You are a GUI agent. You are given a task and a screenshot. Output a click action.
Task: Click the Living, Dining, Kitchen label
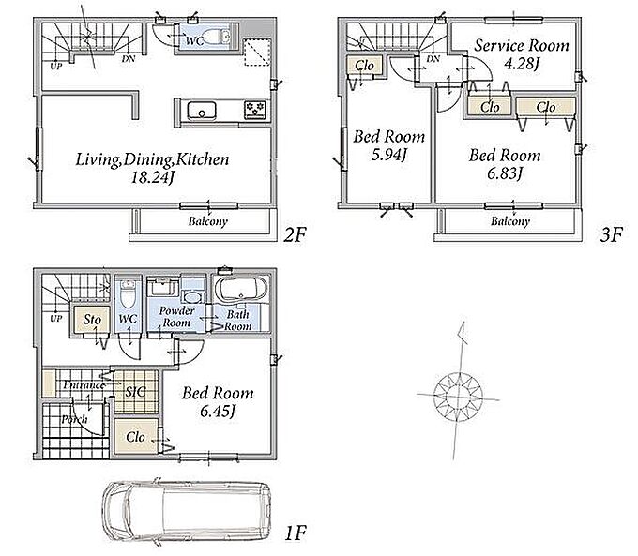coord(152,159)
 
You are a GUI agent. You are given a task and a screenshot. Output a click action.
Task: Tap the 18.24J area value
coord(153,178)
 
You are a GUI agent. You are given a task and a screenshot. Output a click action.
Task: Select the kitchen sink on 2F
coord(202,111)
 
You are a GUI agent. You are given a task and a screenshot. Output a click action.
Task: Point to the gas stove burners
coord(254,111)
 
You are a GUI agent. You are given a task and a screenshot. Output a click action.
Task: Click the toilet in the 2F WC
coord(217,37)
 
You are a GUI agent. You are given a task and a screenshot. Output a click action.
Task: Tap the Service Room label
coord(522,46)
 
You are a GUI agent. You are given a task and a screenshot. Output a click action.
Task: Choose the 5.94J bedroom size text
coord(389,155)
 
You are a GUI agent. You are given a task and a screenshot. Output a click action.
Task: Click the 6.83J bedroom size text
coord(505,173)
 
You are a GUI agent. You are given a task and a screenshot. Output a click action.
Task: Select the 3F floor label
coord(611,234)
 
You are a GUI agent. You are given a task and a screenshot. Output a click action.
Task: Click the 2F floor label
coord(295,234)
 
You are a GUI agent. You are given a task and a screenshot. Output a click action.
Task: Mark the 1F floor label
coord(296,533)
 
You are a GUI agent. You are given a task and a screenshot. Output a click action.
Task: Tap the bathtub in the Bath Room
coord(241,290)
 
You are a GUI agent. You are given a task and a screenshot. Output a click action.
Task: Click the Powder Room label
coord(176,317)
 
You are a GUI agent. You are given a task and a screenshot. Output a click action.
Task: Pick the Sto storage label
coord(92,320)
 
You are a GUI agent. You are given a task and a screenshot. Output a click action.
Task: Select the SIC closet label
coord(135,392)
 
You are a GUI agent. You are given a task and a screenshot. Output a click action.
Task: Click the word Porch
coord(74,419)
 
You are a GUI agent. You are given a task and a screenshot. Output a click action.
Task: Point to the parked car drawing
coord(187,512)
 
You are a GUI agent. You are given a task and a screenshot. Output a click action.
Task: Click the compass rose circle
coord(458,396)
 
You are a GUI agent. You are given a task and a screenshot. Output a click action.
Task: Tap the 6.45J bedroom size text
coord(218,412)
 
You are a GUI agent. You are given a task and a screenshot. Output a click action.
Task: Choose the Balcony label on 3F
coord(510,221)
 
